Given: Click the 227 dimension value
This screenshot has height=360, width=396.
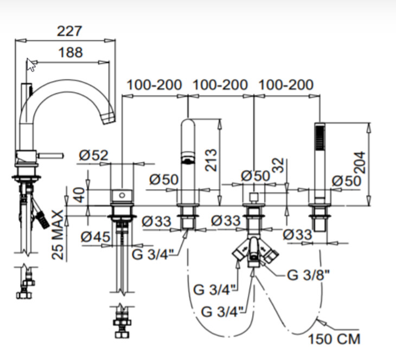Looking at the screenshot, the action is coord(69,31).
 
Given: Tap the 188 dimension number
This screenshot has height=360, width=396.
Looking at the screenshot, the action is coord(71,53).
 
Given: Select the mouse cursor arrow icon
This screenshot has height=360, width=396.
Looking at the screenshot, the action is coord(31,65).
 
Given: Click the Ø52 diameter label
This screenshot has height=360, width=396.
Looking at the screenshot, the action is coord(93,155).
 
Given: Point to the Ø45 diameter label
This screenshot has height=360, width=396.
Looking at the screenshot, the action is coord(95,237).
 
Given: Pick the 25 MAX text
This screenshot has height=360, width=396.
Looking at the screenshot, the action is coord(58,235).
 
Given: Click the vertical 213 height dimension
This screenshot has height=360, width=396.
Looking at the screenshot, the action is coord(211,160).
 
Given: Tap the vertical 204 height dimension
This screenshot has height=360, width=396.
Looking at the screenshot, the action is coord(359,163).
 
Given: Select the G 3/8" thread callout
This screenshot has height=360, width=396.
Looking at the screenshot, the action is coord(308,275).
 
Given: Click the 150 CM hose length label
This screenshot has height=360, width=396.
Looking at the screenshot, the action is coord(334,339).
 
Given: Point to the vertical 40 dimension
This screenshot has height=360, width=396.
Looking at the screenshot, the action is coord(80,195).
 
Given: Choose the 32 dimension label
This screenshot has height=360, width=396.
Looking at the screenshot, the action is coord(278,165).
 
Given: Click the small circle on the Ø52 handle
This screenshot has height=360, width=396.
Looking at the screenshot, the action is coord(122,195).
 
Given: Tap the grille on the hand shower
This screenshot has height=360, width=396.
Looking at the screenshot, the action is coord(320,137).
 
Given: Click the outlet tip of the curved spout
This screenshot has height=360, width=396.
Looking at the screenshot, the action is coord(109,118).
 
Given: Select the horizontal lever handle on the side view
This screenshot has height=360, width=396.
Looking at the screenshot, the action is coord(50,156).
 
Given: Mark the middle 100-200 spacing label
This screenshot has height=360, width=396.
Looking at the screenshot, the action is coord(220,85).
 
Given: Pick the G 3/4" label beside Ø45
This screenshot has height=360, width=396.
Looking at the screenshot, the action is coord(153,254).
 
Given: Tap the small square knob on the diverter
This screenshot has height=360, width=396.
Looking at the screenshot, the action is coord(253,196).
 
